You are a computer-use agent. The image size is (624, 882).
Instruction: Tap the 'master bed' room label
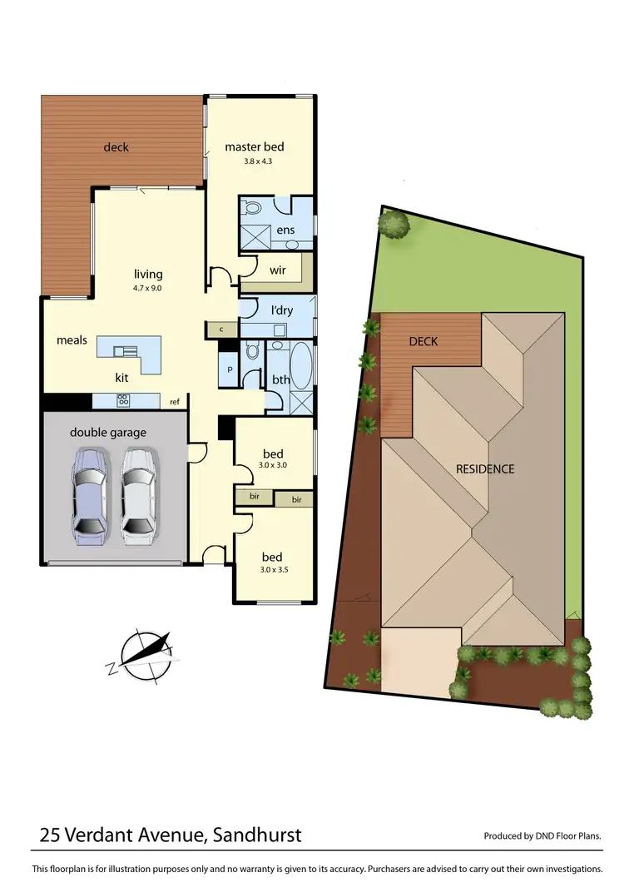(x=255, y=147)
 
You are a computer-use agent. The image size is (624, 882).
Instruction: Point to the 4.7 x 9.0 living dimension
(x=149, y=288)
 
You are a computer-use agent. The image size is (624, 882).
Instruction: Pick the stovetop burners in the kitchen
(x=124, y=400)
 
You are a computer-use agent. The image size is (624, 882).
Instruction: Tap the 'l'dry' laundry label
(x=282, y=311)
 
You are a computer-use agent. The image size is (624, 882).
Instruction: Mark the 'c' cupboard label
(x=221, y=330)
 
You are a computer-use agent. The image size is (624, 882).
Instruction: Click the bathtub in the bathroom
(x=301, y=366)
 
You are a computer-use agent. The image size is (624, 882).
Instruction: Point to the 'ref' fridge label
(x=175, y=402)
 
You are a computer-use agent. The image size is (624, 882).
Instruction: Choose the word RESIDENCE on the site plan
(x=485, y=468)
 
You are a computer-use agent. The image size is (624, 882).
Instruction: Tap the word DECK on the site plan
(x=423, y=341)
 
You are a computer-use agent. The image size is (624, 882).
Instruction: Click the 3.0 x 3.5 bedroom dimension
(x=273, y=572)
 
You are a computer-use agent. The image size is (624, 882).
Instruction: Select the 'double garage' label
(x=108, y=432)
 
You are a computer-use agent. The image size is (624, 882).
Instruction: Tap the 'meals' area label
(x=72, y=339)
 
